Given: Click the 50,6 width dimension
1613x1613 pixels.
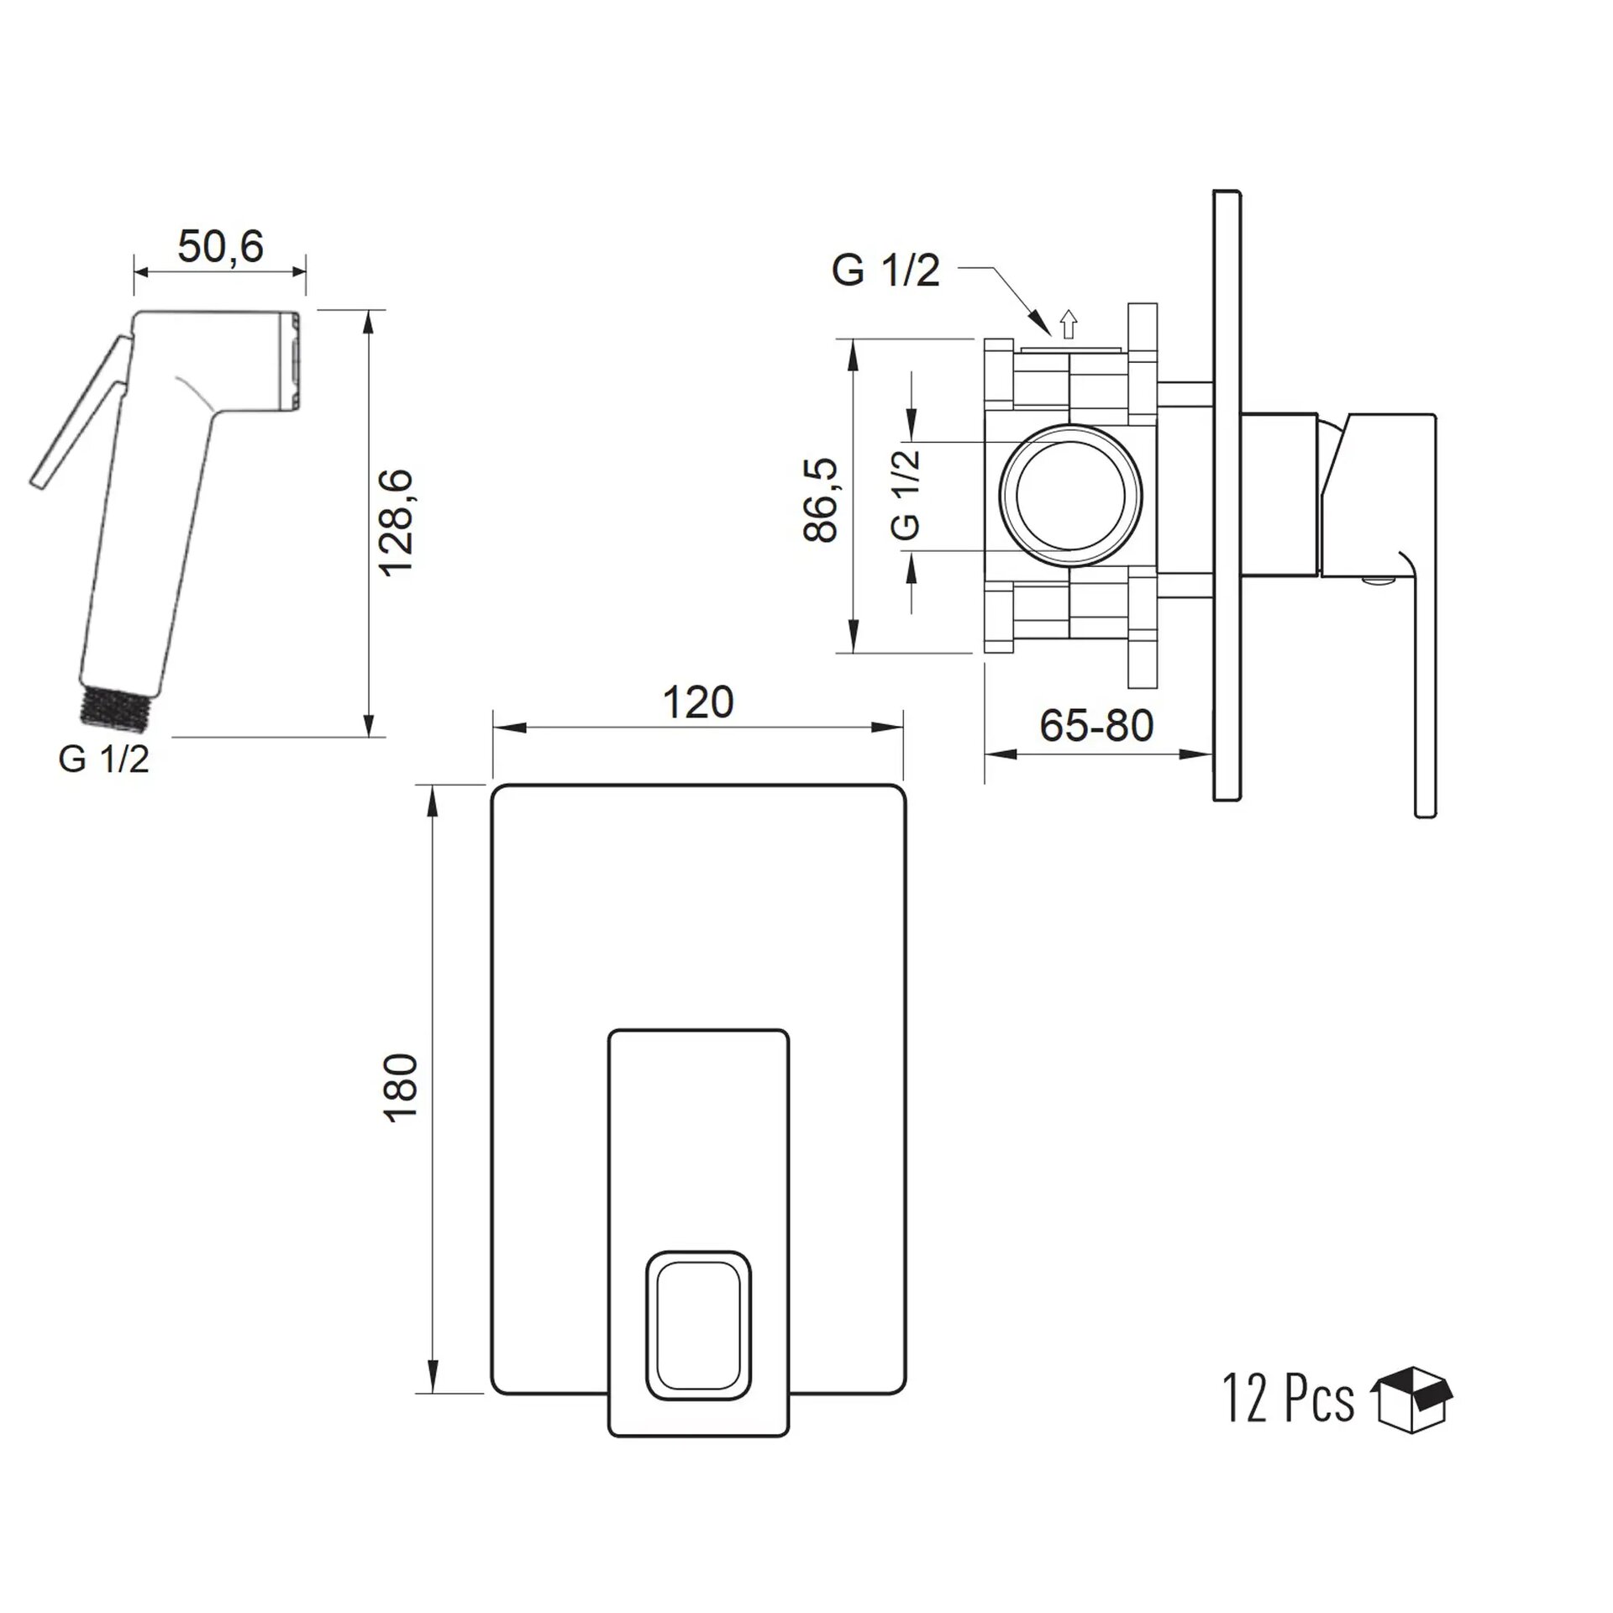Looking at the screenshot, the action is (x=220, y=246).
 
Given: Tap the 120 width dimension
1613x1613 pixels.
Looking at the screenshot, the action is (x=698, y=702).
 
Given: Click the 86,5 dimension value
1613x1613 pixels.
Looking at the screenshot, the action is (x=821, y=500).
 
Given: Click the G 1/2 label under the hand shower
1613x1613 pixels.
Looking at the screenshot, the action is (x=104, y=759).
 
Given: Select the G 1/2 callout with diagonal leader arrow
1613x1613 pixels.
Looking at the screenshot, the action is (x=885, y=271).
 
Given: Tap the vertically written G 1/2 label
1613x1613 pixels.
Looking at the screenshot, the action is (x=906, y=495).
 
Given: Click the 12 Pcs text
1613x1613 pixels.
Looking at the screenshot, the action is (x=1289, y=1399).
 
